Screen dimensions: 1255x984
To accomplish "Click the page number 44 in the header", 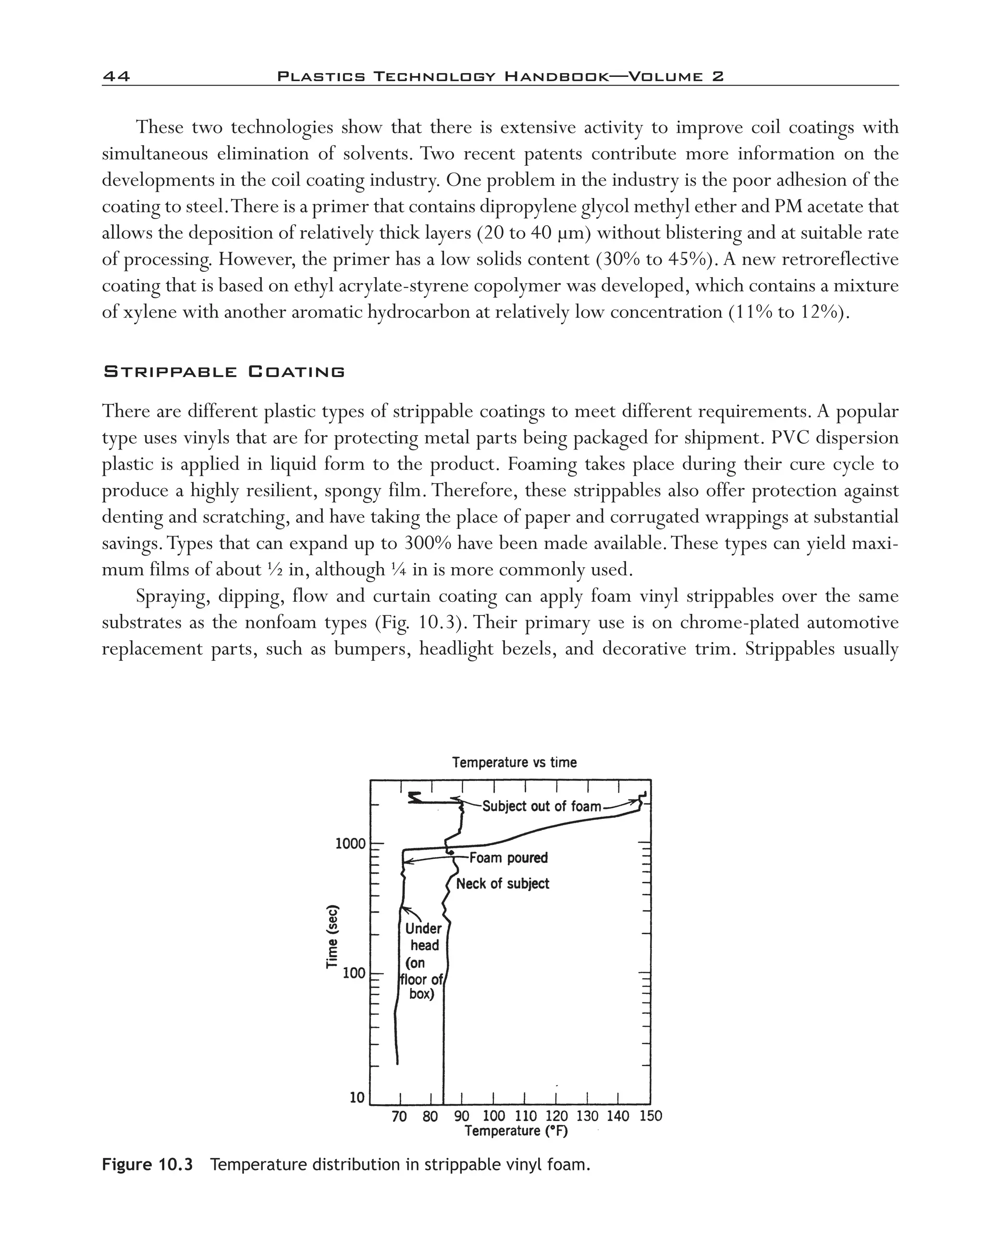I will (116, 76).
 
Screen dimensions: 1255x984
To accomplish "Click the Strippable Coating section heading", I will (223, 372).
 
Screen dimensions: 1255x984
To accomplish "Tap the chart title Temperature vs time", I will (514, 763).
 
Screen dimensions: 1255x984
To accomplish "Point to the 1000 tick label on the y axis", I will (350, 844).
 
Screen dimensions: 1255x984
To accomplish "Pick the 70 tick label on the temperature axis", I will (399, 1117).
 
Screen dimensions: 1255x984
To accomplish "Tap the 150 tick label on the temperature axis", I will (651, 1117).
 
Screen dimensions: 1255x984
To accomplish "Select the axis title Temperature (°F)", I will (516, 1131).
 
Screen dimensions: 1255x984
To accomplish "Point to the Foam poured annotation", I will (508, 858).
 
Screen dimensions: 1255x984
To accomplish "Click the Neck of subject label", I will (503, 884).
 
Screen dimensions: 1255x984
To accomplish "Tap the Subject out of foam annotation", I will (541, 806).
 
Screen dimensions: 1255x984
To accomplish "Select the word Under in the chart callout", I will (423, 928).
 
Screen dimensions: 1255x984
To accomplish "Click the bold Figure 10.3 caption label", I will (147, 1165).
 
